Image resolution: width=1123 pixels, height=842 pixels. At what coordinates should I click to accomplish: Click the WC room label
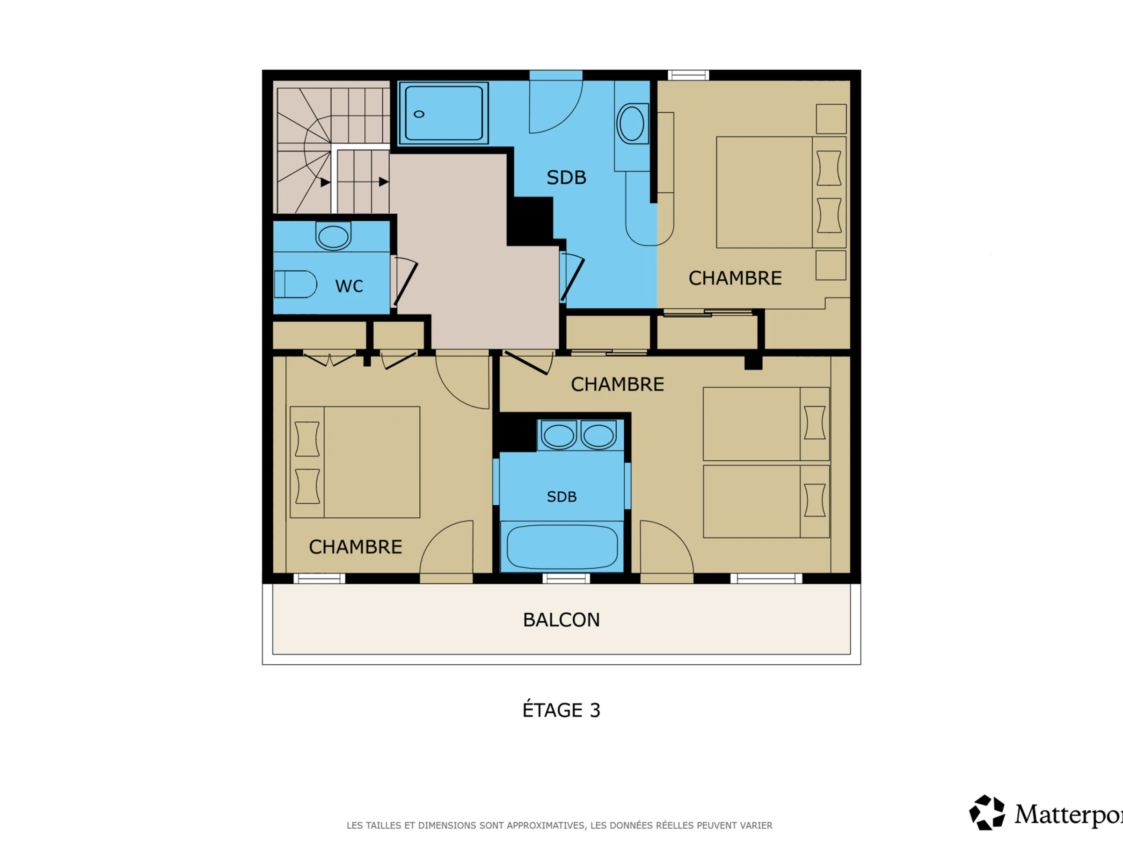[349, 286]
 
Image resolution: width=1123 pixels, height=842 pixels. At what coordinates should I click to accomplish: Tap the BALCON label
[561, 620]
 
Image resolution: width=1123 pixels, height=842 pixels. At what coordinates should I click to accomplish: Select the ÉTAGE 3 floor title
[561, 710]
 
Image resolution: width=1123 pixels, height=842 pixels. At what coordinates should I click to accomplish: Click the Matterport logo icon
[987, 813]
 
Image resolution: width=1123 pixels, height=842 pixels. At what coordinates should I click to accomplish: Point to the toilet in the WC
[295, 284]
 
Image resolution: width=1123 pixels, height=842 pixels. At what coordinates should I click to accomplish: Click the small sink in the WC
[333, 236]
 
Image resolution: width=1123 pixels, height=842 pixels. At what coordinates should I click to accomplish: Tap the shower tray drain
[419, 114]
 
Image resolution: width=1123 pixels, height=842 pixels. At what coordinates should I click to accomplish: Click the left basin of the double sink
[558, 436]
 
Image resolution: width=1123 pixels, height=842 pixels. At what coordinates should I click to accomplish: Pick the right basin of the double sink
[598, 436]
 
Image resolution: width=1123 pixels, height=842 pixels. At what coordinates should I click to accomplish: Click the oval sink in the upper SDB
[632, 124]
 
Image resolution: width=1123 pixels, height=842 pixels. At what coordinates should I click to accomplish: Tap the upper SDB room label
[566, 178]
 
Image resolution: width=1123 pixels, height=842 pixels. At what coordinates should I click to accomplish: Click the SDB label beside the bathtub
[561, 497]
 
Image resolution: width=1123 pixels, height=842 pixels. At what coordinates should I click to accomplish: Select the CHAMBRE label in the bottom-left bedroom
[355, 547]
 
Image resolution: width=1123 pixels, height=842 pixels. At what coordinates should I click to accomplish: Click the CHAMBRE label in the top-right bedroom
[735, 278]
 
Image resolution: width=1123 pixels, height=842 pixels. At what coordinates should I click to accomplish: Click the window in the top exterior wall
[688, 76]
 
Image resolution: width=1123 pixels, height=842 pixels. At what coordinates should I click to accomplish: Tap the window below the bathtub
[566, 579]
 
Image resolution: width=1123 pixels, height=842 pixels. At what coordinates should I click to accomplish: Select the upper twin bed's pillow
[814, 423]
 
